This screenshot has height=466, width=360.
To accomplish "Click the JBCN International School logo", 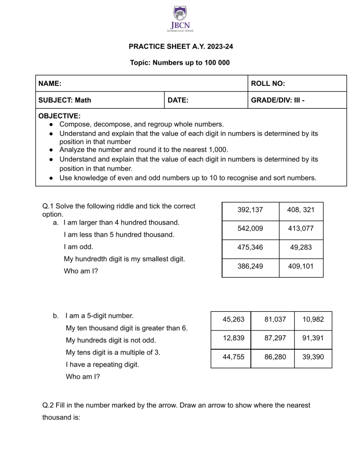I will tap(180, 19).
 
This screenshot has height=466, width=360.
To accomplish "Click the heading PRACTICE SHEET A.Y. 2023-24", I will tap(180, 47).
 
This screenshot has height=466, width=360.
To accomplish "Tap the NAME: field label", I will tap(50, 83).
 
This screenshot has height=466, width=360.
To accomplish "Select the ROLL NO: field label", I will tap(268, 83).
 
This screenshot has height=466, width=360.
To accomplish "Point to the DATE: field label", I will tap(178, 100).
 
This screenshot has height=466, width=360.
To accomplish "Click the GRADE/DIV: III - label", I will tap(278, 100).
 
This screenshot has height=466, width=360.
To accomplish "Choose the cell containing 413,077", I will tap(301, 229).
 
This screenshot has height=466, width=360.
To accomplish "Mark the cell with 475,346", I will tap(250, 248).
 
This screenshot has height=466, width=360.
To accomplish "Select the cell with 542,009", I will tap(250, 229).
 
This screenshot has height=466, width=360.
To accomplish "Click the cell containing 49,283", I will tap(301, 248).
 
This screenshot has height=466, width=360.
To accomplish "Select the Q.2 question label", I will tap(50, 405).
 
